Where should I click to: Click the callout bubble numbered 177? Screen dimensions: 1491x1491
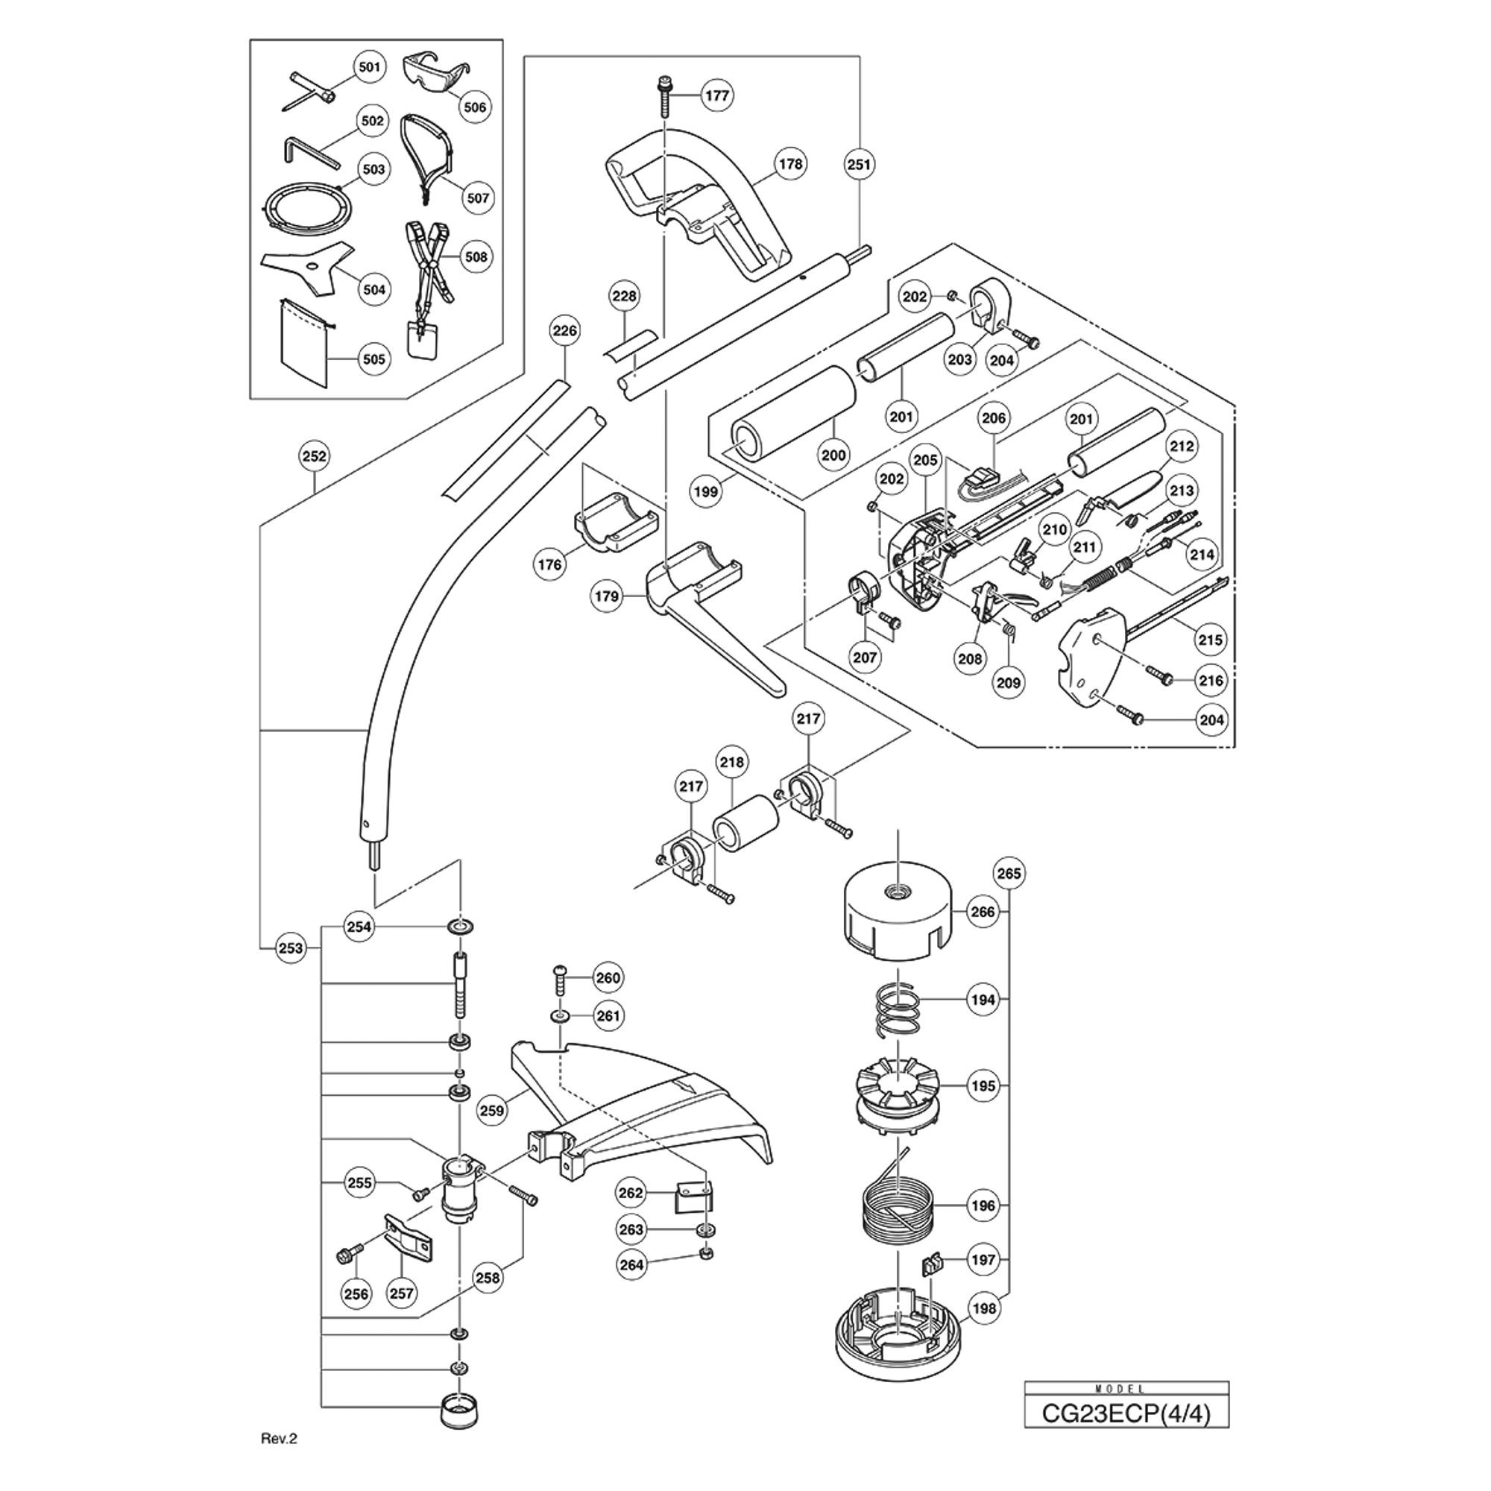coord(718,95)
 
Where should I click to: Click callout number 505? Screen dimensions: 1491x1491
coord(373,359)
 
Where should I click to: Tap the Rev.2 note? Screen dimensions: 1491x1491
coord(279,1439)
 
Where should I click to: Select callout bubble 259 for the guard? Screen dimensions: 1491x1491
coord(491,1111)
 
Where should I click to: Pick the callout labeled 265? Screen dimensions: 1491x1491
coord(1009,873)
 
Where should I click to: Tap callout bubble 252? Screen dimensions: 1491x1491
coord(314,456)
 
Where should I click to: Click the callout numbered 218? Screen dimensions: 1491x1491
coord(731,763)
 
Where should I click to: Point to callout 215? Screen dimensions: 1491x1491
coord(1210,639)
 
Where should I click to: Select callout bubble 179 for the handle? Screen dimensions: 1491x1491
coord(608,596)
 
